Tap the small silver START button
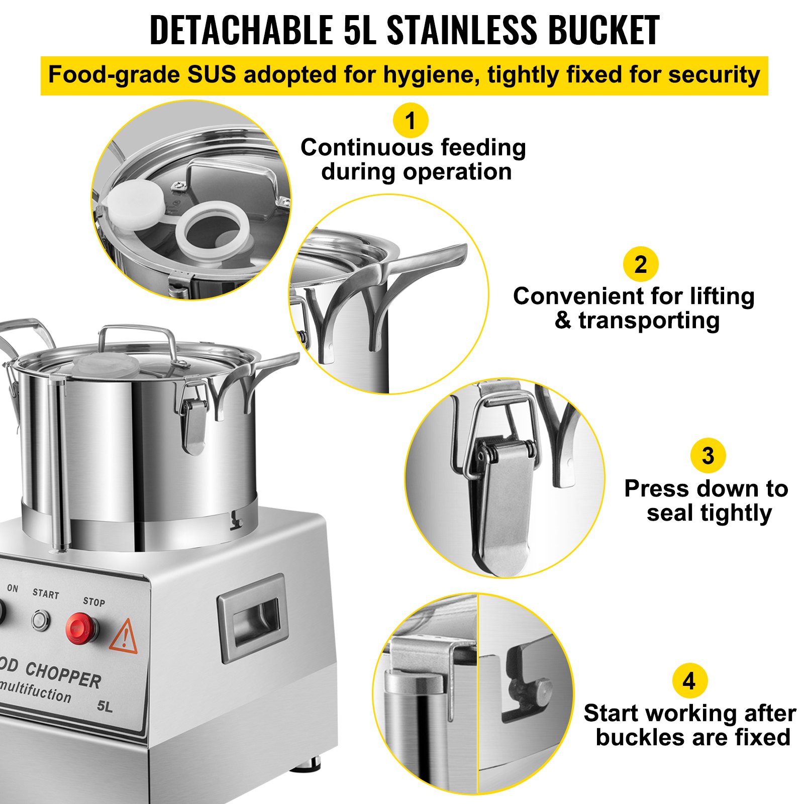(41, 620)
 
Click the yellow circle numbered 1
(411, 121)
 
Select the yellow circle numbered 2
(641, 264)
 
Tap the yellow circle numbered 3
(708, 456)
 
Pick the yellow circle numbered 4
(689, 681)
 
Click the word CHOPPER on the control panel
(63, 674)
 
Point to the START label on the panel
(46, 594)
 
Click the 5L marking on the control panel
(105, 706)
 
